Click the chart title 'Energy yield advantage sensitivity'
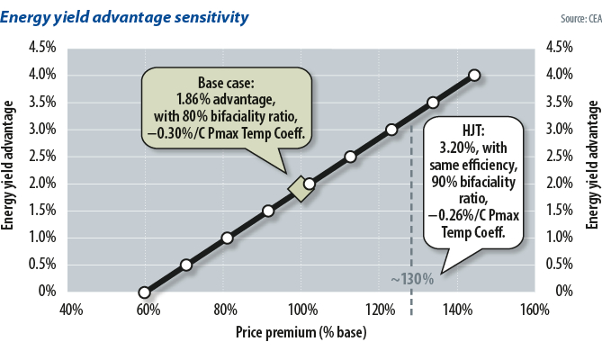[126, 17]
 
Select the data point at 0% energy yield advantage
[144, 292]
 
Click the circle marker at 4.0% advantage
[474, 75]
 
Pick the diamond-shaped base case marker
[299, 188]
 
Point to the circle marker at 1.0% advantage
[227, 238]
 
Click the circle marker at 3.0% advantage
[391, 130]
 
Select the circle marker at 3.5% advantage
[433, 103]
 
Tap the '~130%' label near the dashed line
[412, 279]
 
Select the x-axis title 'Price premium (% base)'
[301, 332]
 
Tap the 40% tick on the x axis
[71, 310]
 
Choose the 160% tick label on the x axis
[534, 310]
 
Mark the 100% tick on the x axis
[301, 310]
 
